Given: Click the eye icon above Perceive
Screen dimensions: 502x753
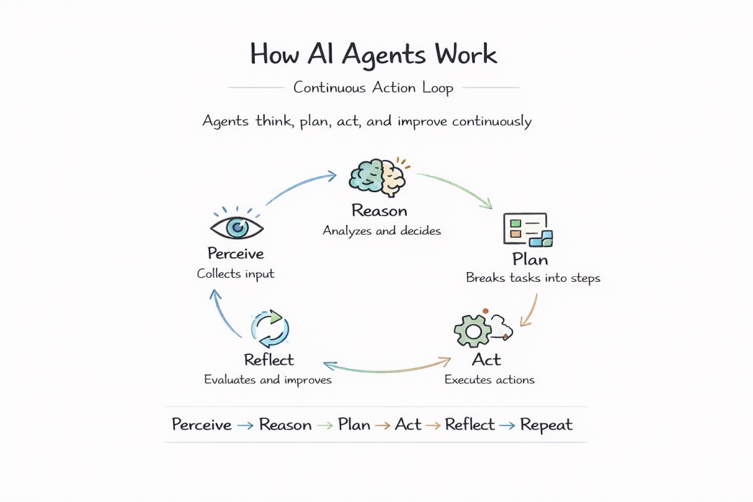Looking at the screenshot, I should point(237,227).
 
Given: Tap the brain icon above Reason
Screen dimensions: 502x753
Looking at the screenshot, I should point(378,177).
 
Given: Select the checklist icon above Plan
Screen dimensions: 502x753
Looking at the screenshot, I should point(527,230).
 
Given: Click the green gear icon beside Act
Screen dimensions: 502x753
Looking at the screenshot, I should point(472,330).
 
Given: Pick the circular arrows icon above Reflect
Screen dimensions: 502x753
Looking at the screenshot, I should point(270,328).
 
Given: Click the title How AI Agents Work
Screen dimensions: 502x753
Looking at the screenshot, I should point(373,55).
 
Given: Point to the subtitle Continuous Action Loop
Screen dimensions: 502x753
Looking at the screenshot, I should point(373,88).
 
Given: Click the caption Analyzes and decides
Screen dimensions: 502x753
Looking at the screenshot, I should point(382,231).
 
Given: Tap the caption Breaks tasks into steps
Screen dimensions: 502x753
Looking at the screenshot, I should point(533,278).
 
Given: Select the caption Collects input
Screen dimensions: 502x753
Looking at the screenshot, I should point(235,274).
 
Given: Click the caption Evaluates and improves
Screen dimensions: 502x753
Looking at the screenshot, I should point(268,380).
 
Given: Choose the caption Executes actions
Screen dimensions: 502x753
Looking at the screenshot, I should point(489,380).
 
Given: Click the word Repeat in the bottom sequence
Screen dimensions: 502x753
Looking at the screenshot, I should point(546,425).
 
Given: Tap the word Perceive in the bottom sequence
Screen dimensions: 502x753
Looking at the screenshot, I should point(202,425).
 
